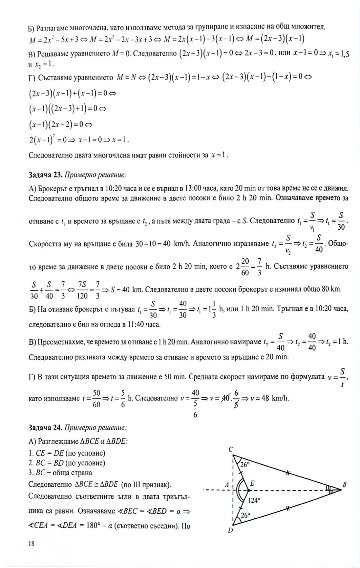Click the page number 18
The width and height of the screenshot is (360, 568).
(31, 544)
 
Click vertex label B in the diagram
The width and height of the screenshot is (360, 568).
(344, 485)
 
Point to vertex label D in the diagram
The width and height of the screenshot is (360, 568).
(230, 530)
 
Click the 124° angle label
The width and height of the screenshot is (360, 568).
(254, 500)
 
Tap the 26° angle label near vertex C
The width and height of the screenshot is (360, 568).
(245, 465)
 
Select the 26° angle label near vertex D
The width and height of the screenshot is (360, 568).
(245, 515)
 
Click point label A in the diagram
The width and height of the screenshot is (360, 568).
(226, 485)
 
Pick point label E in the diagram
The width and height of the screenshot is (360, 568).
(252, 483)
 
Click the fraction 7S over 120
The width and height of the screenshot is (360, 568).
(82, 290)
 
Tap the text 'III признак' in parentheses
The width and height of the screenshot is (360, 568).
(153, 485)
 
